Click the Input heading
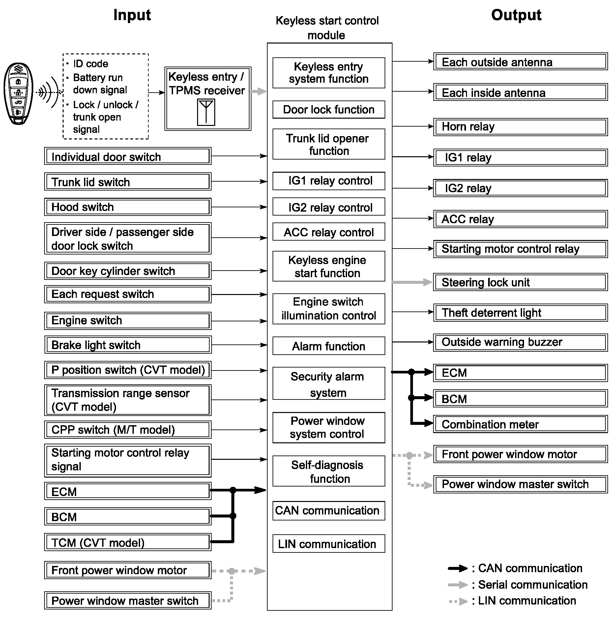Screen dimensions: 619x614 pos(132,15)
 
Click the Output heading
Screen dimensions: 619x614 pos(516,15)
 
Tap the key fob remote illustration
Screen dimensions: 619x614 pos(18,94)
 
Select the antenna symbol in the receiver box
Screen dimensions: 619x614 pos(206,112)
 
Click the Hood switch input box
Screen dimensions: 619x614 pos(128,207)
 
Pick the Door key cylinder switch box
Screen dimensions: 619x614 pos(128,271)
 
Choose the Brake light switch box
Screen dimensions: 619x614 pos(128,345)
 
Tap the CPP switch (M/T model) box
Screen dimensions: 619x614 pos(128,430)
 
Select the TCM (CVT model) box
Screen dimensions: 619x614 pos(128,543)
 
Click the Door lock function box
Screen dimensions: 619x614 pos(329,109)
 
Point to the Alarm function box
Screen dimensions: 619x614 pos(329,346)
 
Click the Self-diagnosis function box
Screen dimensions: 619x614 pos(329,471)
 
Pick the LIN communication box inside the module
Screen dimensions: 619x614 pos(329,544)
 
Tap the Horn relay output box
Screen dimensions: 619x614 pos(520,127)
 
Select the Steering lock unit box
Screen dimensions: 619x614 pos(520,282)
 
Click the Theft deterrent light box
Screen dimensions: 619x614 pos(520,313)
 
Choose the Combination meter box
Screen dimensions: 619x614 pos(520,424)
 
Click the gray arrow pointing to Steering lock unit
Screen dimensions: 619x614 pos(412,282)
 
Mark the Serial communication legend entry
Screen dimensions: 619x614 pos(517,585)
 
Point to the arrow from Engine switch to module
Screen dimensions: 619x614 pos(239,321)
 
